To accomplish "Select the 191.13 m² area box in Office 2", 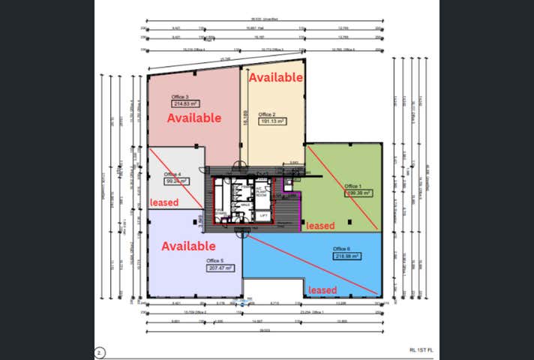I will click(x=274, y=121).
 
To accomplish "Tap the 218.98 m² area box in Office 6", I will click(x=346, y=256).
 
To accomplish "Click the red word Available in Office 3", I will click(x=193, y=118).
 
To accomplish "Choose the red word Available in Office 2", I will click(x=275, y=77).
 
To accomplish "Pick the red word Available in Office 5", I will click(x=189, y=246).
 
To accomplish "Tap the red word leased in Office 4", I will click(x=164, y=202).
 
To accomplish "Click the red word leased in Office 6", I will click(x=322, y=289).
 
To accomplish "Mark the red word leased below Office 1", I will click(x=320, y=226).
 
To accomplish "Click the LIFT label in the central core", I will click(x=263, y=215).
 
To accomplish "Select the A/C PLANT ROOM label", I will click(x=262, y=191).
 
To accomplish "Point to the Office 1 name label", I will click(x=352, y=186).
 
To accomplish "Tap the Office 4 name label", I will click(x=173, y=174).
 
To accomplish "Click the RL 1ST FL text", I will click(x=422, y=349).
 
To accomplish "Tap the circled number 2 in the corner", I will click(x=99, y=350).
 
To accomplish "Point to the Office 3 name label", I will click(x=180, y=97).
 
